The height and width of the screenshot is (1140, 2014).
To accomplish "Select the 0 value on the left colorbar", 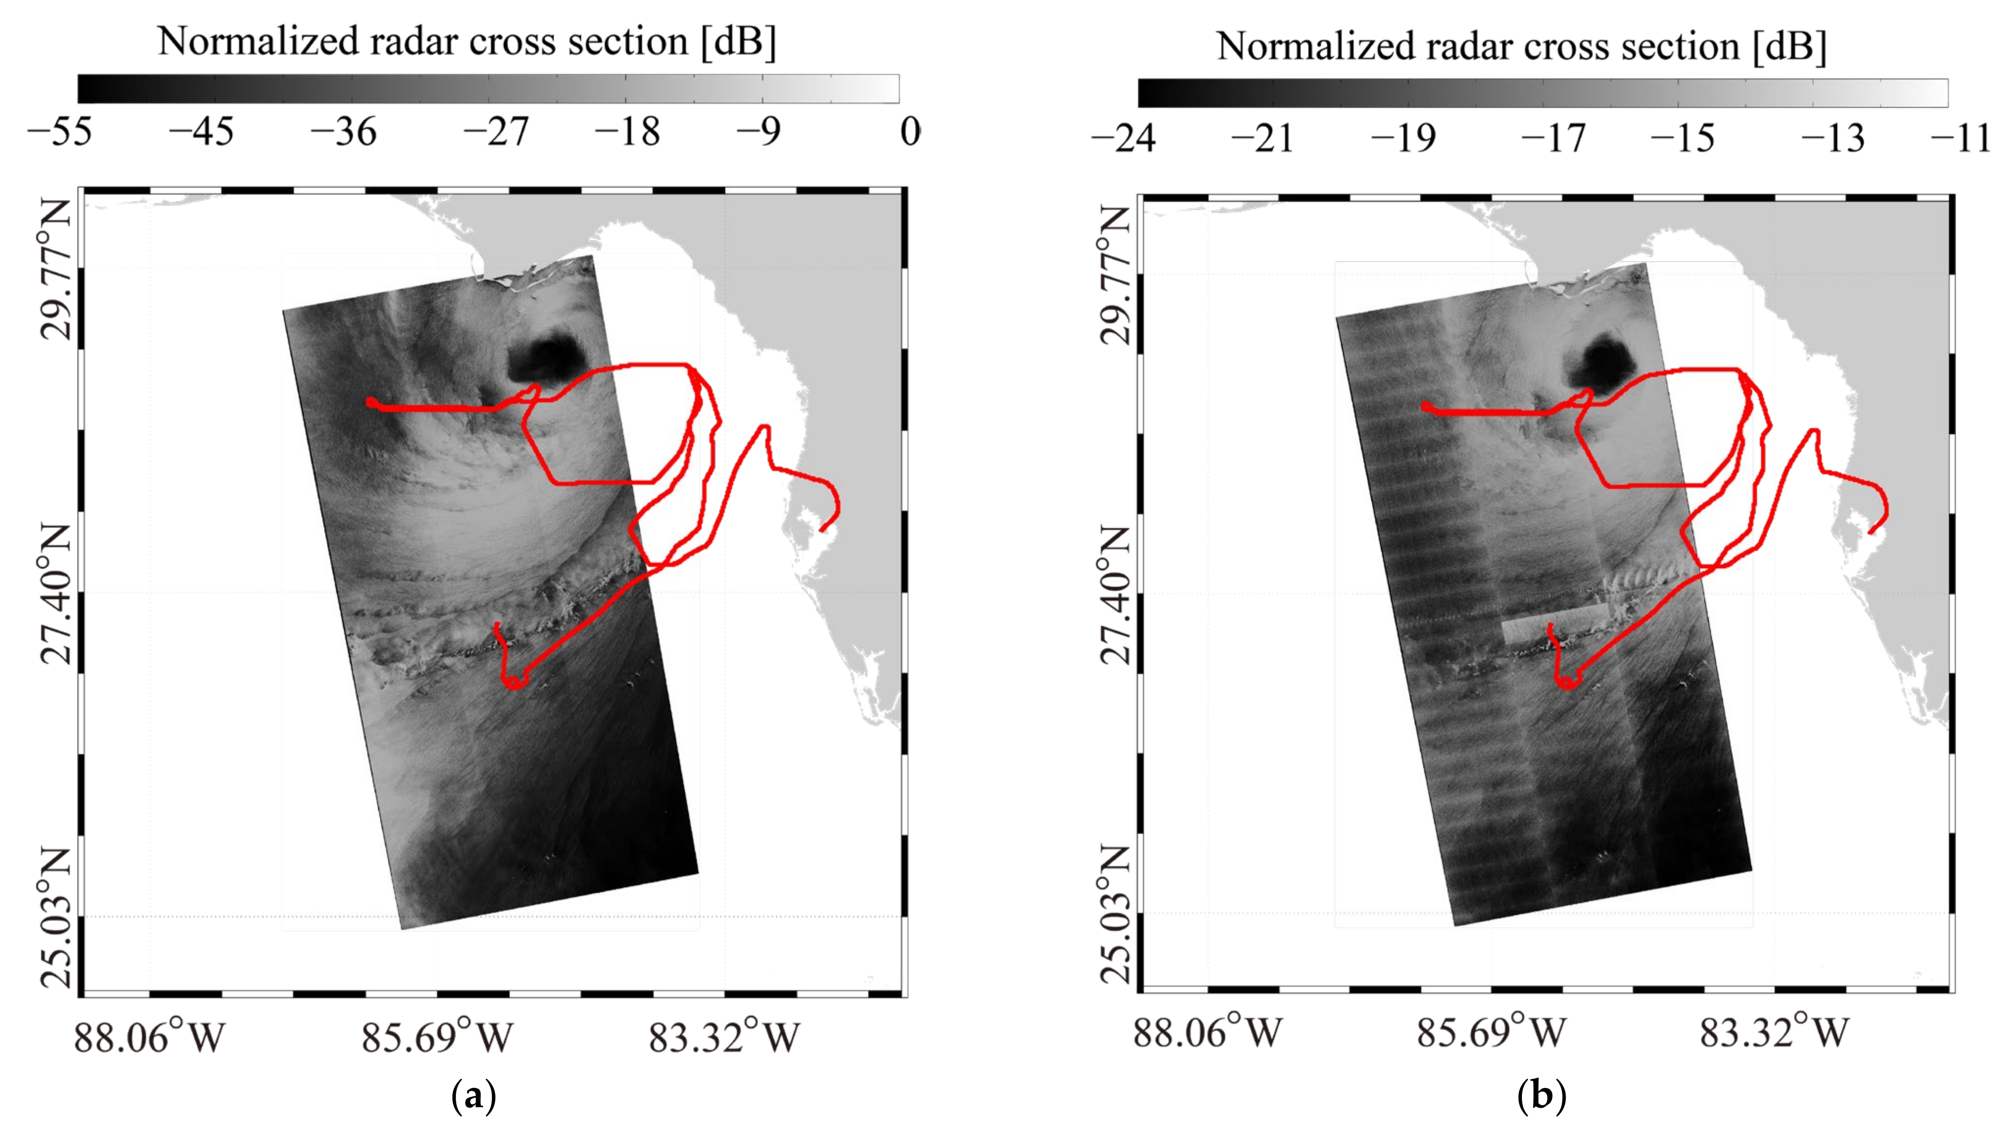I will [909, 131].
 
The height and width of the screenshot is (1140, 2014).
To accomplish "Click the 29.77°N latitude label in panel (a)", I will [55, 270].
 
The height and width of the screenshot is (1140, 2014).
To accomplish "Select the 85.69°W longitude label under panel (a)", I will [436, 1038].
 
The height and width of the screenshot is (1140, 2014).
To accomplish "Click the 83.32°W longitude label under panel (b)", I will [1774, 1034].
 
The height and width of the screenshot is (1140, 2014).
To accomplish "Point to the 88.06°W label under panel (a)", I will [149, 1038].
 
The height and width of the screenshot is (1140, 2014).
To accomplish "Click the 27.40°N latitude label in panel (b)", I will [1115, 595].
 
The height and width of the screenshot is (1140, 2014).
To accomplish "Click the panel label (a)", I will [474, 1097].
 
